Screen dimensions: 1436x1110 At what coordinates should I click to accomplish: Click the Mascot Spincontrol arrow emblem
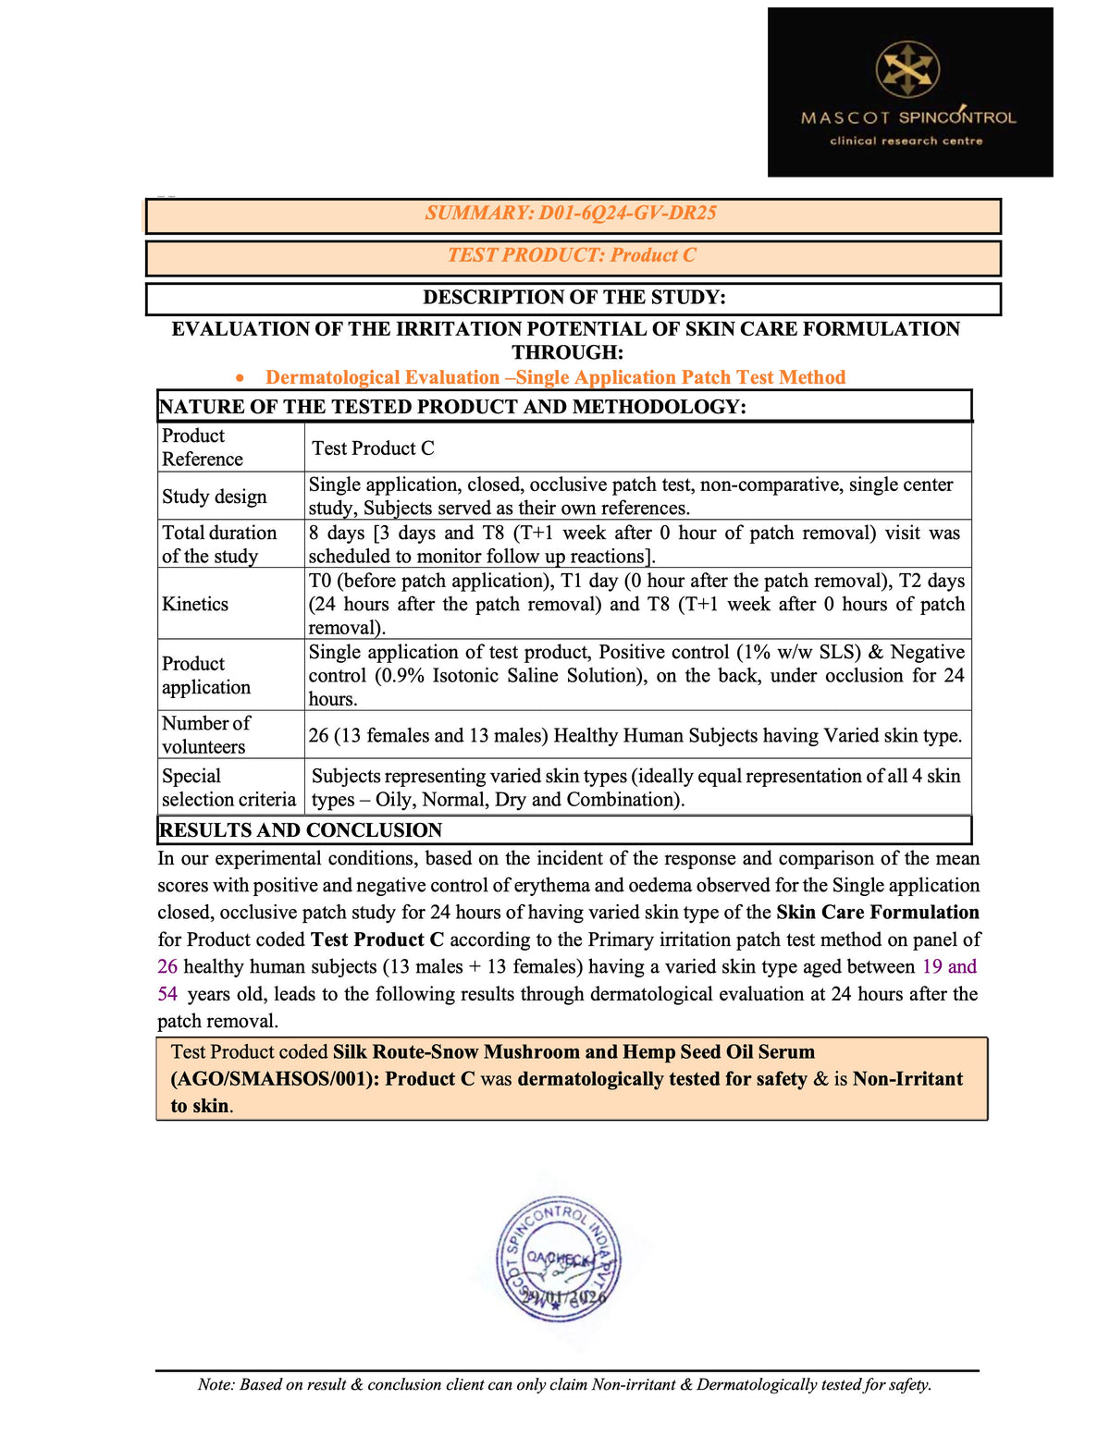click(907, 69)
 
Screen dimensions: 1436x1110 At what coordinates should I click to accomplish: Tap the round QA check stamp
click(559, 1259)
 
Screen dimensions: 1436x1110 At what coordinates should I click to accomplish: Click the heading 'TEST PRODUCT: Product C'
click(572, 256)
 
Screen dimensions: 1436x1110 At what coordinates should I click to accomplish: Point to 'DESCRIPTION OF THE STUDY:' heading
click(573, 298)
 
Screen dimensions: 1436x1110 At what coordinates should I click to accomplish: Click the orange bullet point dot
click(240, 378)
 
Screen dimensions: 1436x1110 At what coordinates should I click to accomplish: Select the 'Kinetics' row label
click(195, 605)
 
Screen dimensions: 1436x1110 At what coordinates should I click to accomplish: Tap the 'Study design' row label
click(214, 497)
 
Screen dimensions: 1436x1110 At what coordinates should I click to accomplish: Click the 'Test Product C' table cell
click(373, 448)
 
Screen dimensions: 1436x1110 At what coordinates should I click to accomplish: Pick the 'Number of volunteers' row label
click(205, 735)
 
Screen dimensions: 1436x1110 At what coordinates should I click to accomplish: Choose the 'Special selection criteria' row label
click(228, 788)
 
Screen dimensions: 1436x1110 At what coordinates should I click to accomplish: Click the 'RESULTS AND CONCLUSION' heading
click(301, 830)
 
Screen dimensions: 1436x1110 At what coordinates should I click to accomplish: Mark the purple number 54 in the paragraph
click(167, 994)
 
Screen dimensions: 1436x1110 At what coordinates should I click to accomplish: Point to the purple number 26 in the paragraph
click(167, 967)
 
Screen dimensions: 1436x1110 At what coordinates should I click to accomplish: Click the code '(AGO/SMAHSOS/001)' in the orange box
click(274, 1079)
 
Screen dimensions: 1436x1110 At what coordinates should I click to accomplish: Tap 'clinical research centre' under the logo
click(906, 141)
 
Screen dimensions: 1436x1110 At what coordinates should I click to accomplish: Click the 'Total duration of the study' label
click(219, 545)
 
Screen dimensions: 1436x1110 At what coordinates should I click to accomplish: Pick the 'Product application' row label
click(205, 676)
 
